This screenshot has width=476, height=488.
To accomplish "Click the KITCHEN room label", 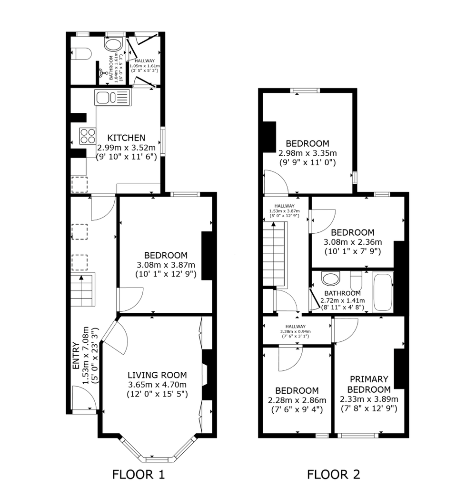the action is [x=126, y=138].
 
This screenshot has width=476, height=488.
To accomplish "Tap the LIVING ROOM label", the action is [x=157, y=375].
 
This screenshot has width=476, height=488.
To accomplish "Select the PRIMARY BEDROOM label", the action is [x=369, y=384].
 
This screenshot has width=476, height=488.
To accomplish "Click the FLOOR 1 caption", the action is [x=138, y=475].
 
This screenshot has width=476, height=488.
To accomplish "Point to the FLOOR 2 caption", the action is [x=333, y=475].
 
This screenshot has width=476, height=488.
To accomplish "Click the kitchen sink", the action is [x=113, y=98].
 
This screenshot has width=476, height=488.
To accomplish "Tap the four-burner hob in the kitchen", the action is [x=88, y=136].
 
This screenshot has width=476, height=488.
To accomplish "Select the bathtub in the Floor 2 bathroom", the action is [x=383, y=292].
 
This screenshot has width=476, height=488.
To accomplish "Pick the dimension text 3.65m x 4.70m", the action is [x=157, y=384].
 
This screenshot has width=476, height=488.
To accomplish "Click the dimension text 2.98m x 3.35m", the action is [x=307, y=153].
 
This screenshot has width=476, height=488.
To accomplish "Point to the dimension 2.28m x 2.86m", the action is [x=297, y=400].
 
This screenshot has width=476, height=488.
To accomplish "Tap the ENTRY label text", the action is [x=76, y=356].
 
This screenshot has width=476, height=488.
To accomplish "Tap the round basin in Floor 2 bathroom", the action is [x=331, y=278].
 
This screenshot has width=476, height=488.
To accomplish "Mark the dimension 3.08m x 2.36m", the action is [x=353, y=242].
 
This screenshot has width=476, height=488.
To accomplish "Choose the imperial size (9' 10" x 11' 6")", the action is [x=126, y=157].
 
